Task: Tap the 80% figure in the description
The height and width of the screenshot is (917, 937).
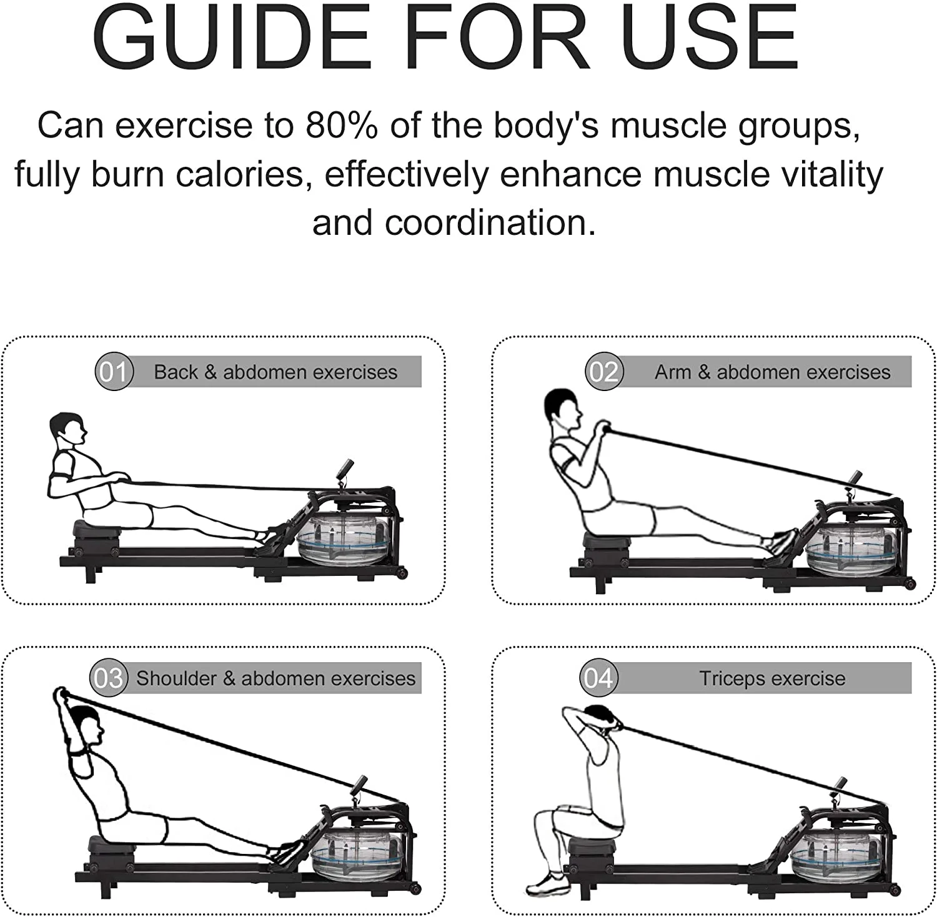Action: tap(342, 125)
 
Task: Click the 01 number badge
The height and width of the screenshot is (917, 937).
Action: tap(114, 372)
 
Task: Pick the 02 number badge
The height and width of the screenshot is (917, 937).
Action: tap(604, 372)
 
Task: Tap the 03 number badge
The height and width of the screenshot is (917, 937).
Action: tap(109, 678)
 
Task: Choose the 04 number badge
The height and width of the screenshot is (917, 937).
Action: tap(598, 678)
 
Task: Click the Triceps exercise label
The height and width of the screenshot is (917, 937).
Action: tap(772, 678)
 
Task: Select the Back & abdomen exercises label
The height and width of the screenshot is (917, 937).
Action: tap(275, 372)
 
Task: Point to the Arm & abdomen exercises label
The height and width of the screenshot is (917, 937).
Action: tap(773, 372)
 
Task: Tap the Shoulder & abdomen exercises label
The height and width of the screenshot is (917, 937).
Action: tap(275, 678)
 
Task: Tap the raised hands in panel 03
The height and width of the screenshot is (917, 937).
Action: tap(61, 695)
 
